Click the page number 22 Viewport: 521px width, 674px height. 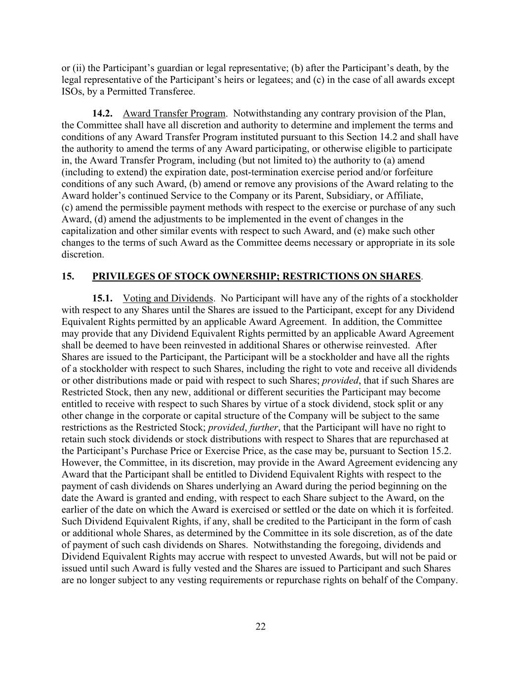261,627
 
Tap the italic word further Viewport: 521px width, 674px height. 264,428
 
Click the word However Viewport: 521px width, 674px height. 80,463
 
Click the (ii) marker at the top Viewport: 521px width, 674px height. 79,68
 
